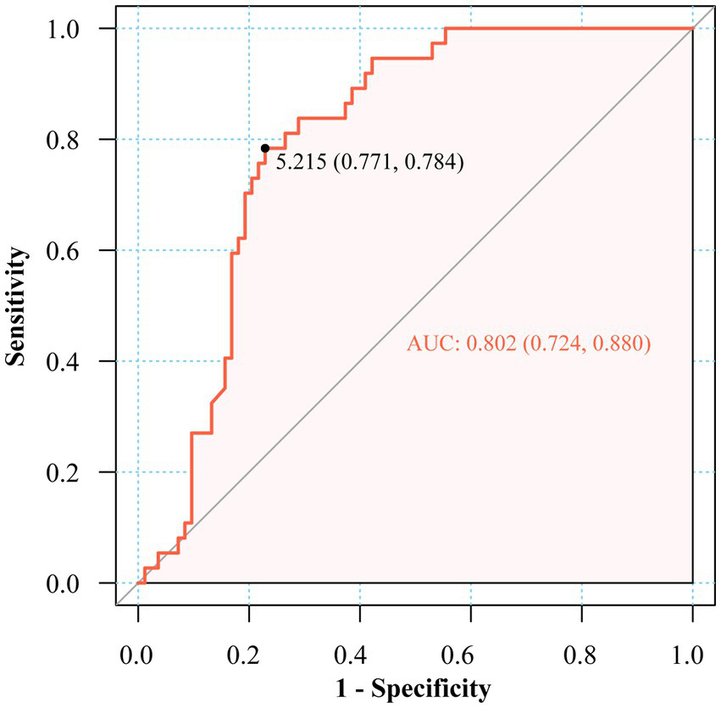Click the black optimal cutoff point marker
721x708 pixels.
coord(265,148)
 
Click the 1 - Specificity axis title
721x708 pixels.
coord(415,688)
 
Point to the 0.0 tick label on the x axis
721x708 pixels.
coord(137,654)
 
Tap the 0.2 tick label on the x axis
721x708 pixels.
coord(248,654)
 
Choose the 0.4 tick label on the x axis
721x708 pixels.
coord(359,654)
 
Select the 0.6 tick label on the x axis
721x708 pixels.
coord(470,654)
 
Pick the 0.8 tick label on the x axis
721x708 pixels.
coord(581,654)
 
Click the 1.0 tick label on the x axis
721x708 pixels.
coord(692,654)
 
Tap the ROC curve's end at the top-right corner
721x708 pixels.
coord(692,29)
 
